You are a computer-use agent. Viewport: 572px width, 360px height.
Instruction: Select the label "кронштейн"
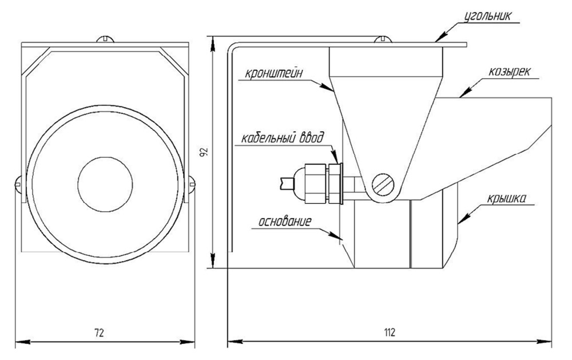(x=273, y=73)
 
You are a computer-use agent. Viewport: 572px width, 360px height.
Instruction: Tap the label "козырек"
(x=510, y=73)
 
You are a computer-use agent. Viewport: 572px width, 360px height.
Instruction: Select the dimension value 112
(x=390, y=333)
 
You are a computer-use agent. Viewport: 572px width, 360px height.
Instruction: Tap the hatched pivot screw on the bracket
(x=384, y=184)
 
